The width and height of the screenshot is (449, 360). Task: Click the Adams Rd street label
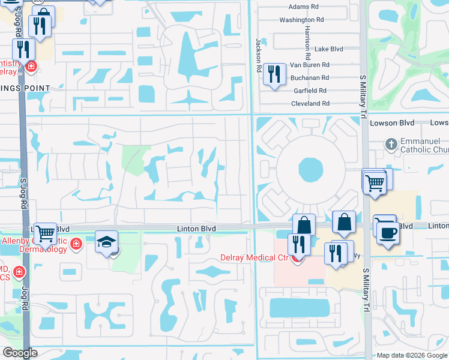[x=303, y=7]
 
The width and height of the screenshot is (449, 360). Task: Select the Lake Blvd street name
[x=328, y=49]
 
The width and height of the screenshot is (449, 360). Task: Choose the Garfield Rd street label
[x=310, y=91]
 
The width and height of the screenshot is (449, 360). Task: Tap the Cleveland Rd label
[x=310, y=103]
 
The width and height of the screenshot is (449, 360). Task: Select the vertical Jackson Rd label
[x=259, y=56]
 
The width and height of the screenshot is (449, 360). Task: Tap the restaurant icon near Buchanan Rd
[x=274, y=74]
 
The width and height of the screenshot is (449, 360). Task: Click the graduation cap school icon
[x=106, y=243]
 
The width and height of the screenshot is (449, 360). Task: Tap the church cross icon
[x=391, y=144]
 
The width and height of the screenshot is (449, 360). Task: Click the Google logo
[x=19, y=353]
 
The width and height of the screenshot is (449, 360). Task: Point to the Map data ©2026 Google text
[x=411, y=355]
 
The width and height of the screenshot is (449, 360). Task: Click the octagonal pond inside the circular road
[x=310, y=170]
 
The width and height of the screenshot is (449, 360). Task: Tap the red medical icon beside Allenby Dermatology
[x=76, y=244]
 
